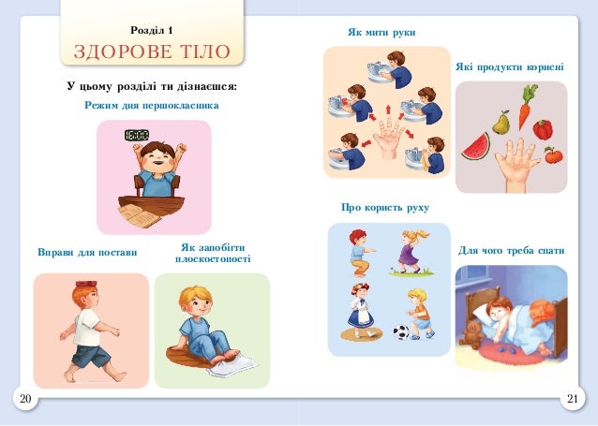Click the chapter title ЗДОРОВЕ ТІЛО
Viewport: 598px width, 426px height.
click(152, 51)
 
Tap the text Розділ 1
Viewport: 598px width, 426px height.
click(152, 30)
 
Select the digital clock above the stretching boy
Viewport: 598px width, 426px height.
click(137, 135)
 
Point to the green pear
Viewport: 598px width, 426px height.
click(501, 123)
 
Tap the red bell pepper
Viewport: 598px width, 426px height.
click(543, 129)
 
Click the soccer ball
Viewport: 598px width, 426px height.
click(401, 332)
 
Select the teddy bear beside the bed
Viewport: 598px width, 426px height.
click(473, 334)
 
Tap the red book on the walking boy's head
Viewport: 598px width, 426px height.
click(87, 284)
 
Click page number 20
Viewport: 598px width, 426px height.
click(25, 399)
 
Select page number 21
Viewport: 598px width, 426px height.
click(573, 399)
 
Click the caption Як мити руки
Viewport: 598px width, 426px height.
click(381, 33)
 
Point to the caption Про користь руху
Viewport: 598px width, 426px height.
click(385, 208)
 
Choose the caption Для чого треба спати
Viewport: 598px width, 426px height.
click(511, 251)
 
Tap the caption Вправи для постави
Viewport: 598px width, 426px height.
click(87, 252)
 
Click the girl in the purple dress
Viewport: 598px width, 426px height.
click(411, 252)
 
